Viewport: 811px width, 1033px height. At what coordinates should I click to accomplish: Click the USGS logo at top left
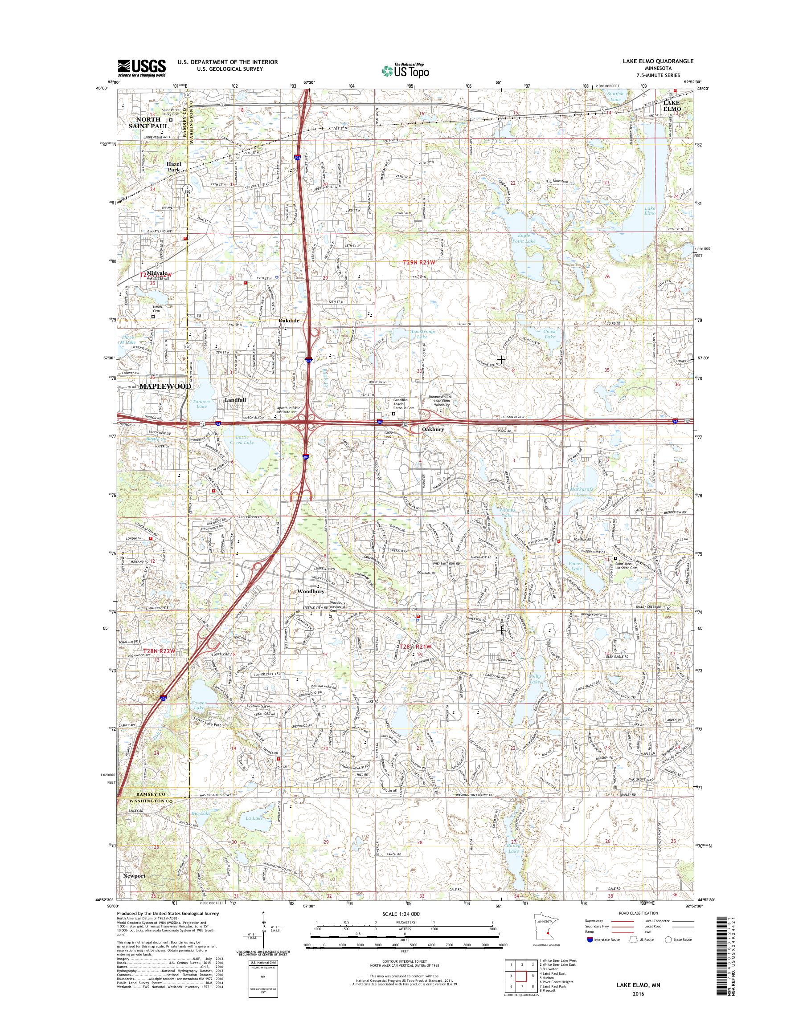(x=142, y=68)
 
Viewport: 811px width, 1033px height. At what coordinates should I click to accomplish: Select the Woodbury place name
(x=311, y=592)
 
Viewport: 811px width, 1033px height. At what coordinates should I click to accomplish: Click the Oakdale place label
(x=289, y=321)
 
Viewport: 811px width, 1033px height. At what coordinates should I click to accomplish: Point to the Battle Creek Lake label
(x=242, y=439)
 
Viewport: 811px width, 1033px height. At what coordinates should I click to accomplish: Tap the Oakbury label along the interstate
(x=433, y=429)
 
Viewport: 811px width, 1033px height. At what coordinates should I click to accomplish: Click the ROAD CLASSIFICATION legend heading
(x=639, y=926)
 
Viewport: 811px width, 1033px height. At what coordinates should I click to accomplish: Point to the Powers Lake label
(x=576, y=565)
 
